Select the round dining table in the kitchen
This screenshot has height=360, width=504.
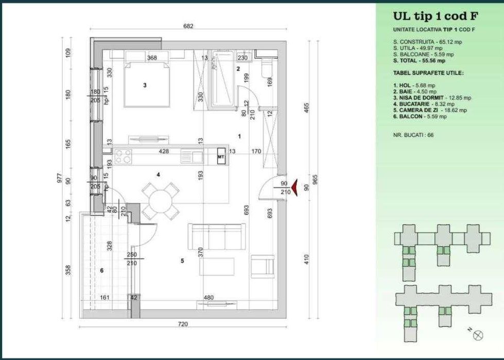[x=161, y=201]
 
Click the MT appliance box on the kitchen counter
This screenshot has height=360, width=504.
[x=220, y=157]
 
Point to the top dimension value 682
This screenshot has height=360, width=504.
[x=188, y=26]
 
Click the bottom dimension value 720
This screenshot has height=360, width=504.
[x=183, y=324]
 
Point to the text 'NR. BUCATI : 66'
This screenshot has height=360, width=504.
[x=413, y=134]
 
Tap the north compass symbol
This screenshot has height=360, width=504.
[x=478, y=335]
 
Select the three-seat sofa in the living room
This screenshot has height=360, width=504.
[x=216, y=236]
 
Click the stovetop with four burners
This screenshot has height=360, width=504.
[x=123, y=157]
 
